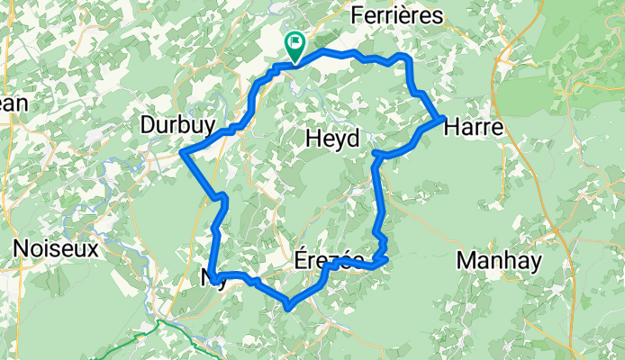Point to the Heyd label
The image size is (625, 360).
(332, 139)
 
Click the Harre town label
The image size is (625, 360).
(473, 128)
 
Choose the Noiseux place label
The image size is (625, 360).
(55, 249)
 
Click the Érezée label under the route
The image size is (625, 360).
(329, 259)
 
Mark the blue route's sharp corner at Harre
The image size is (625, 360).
(440, 118)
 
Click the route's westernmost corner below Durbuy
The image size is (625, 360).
(183, 153)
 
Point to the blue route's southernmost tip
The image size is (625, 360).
(288, 307)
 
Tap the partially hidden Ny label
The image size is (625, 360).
(207, 277)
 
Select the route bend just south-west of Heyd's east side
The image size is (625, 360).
(377, 157)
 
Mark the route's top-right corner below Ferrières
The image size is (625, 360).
(410, 58)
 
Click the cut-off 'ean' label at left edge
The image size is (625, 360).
(13, 103)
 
